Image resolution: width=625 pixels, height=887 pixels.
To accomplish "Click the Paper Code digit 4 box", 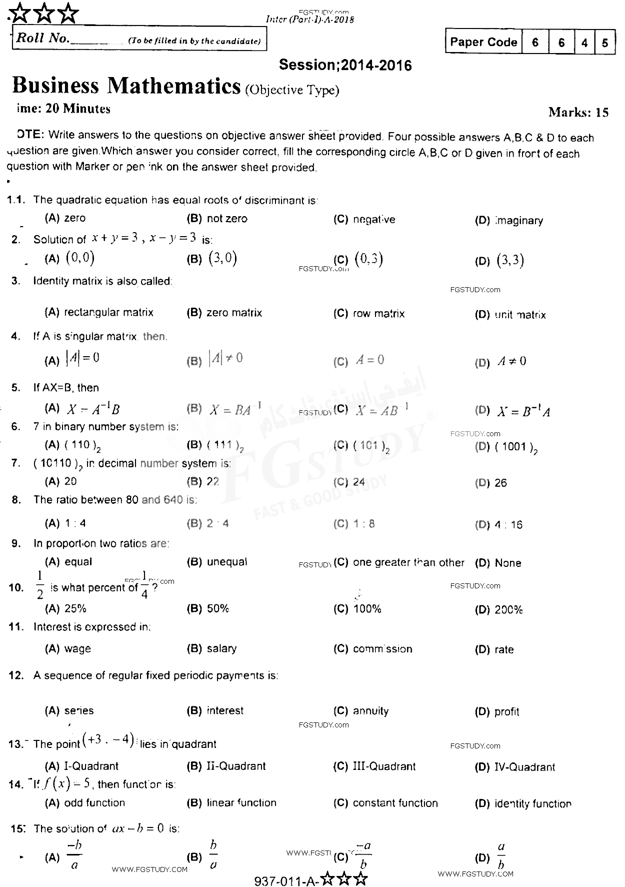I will coord(584,43).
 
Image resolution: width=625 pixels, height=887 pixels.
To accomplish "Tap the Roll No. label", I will coord(42,39).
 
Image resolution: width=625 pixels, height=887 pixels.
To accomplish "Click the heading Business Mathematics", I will coord(126,86).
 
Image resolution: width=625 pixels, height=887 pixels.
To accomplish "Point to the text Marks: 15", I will coord(578,112).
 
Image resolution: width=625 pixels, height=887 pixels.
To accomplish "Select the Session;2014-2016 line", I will coord(345,65).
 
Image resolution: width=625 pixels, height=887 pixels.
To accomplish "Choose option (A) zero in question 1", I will coord(65,218).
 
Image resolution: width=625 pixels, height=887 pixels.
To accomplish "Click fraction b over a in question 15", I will coord(213,856).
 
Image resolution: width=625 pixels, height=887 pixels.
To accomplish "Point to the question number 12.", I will coord(16,675).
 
